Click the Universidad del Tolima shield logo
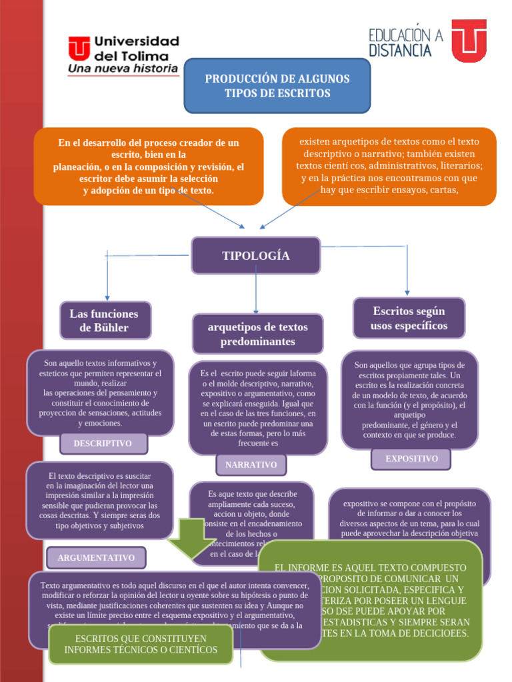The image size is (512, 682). [x=79, y=48]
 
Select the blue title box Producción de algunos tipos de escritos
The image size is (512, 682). [x=277, y=86]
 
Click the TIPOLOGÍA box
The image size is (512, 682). [x=255, y=256]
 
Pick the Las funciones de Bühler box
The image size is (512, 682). [x=105, y=320]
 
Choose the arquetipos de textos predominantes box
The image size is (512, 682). [x=257, y=334]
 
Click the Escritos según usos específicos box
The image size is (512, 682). [x=409, y=318]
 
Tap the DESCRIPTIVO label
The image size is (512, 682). [x=103, y=444]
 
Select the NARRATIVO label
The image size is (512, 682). [x=251, y=465]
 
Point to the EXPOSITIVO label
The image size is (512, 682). [x=411, y=459]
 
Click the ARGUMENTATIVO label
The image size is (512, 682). [x=96, y=557]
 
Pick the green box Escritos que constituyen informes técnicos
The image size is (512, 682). [x=141, y=644]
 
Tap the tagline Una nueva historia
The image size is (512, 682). [x=123, y=69]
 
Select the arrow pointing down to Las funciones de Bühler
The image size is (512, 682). [x=107, y=276]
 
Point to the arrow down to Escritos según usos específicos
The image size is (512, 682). [x=407, y=270]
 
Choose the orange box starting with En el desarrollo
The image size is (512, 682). [x=148, y=167]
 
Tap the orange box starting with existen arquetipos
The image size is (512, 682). [x=389, y=167]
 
